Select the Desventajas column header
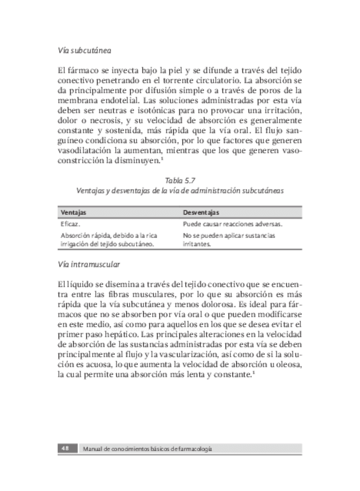point(201,212)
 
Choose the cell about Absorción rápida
point(109,239)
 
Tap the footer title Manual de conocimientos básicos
point(148,449)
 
